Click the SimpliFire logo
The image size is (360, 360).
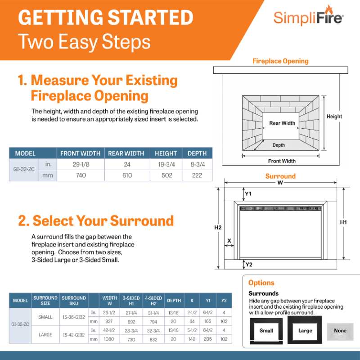click(x=309, y=18)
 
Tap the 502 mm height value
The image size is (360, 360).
click(x=166, y=175)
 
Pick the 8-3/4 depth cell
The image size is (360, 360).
click(x=197, y=165)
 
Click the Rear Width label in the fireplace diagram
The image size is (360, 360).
click(x=282, y=123)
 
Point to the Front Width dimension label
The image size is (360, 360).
click(x=282, y=161)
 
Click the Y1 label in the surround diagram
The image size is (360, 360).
click(x=248, y=194)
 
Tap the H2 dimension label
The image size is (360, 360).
click(x=218, y=227)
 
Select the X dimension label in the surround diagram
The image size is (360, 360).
click(x=229, y=241)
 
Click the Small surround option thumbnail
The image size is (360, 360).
click(x=266, y=331)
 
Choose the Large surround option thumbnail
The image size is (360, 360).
click(x=305, y=331)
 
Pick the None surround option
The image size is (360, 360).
click(x=340, y=331)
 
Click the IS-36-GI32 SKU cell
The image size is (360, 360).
click(x=74, y=317)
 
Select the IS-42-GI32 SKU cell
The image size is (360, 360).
click(x=74, y=335)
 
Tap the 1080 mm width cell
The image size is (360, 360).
click(x=109, y=339)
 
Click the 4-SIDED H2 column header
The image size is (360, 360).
click(x=153, y=300)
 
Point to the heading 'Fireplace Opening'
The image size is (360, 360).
click(x=280, y=61)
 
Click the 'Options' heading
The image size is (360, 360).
click(x=261, y=283)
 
